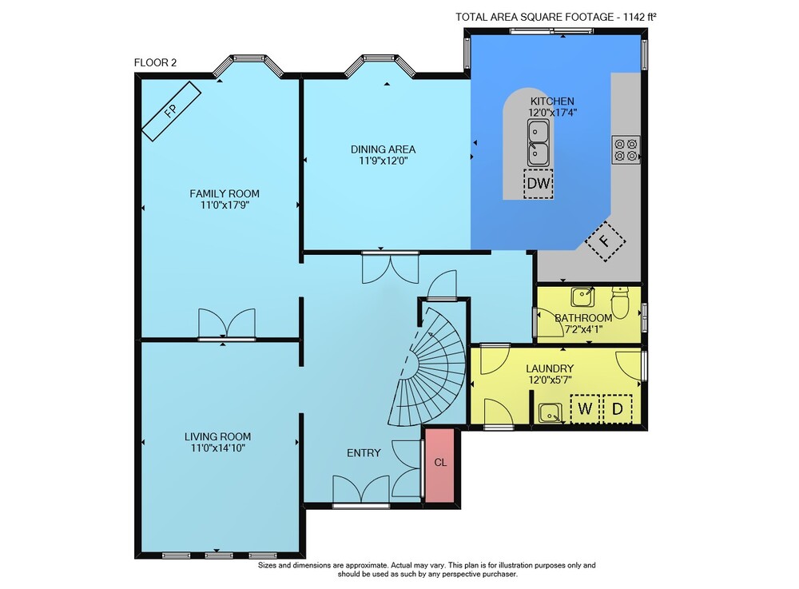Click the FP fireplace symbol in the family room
(x=171, y=110)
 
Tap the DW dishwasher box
(x=539, y=184)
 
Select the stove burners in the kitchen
(x=626, y=149)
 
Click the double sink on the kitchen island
(x=538, y=143)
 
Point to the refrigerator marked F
(x=606, y=241)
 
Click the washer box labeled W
(x=585, y=408)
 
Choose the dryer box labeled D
(x=617, y=408)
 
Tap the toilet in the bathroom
(x=620, y=301)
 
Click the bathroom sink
(x=582, y=297)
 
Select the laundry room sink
(x=551, y=412)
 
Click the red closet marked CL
(x=439, y=465)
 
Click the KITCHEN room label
(x=552, y=101)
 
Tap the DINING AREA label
(x=384, y=149)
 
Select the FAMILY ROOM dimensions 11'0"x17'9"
(x=225, y=205)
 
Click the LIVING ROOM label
(x=217, y=436)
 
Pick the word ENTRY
(x=364, y=453)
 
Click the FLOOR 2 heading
(x=156, y=62)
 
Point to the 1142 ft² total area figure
(x=639, y=17)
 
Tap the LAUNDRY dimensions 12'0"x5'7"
(x=550, y=380)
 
